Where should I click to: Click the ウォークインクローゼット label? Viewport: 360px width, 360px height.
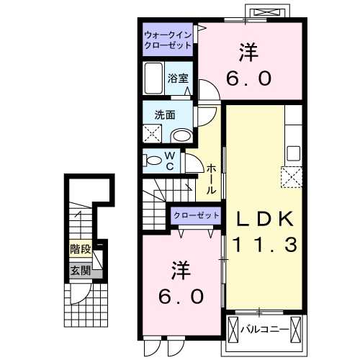click(x=168, y=39)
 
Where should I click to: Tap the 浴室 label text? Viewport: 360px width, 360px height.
click(x=179, y=78)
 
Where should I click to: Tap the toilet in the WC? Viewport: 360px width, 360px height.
click(x=154, y=160)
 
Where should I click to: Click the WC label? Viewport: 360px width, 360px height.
click(x=171, y=161)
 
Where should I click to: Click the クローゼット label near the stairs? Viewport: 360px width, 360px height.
click(x=196, y=215)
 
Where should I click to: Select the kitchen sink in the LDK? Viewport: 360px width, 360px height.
click(x=293, y=153)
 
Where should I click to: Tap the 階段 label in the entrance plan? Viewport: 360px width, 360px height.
click(x=80, y=251)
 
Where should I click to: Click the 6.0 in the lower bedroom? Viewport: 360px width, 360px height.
click(x=181, y=295)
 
